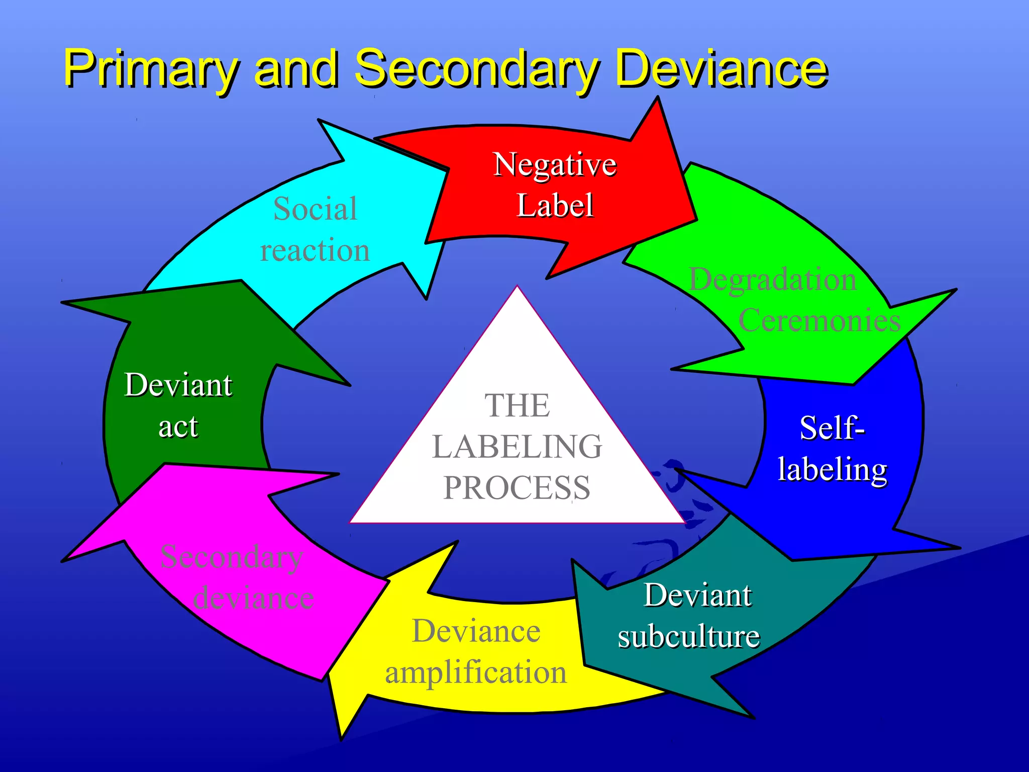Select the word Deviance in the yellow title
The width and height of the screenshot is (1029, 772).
[x=721, y=68]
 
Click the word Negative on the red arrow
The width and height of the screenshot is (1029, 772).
[x=555, y=165]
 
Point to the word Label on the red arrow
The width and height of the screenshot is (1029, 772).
[x=555, y=206]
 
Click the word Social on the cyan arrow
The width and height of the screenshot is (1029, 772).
[x=315, y=209]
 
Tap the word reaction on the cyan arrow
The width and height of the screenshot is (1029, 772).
[x=315, y=250]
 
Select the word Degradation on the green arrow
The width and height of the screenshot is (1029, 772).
[x=772, y=279]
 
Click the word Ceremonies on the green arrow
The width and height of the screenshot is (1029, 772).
[x=819, y=320]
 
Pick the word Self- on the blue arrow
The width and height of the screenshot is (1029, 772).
[x=832, y=428]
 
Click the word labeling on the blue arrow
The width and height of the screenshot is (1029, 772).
[x=832, y=469]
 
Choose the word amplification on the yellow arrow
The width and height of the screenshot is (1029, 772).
[x=475, y=672]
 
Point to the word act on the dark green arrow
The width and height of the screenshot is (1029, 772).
[x=178, y=427]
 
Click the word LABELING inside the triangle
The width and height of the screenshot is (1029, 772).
[x=517, y=446]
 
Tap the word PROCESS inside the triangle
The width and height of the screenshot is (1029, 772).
[x=517, y=488]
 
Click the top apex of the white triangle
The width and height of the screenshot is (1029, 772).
[x=517, y=287]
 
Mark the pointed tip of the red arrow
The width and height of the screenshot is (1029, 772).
[x=696, y=219]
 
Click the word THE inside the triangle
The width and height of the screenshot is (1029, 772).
[x=517, y=405]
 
